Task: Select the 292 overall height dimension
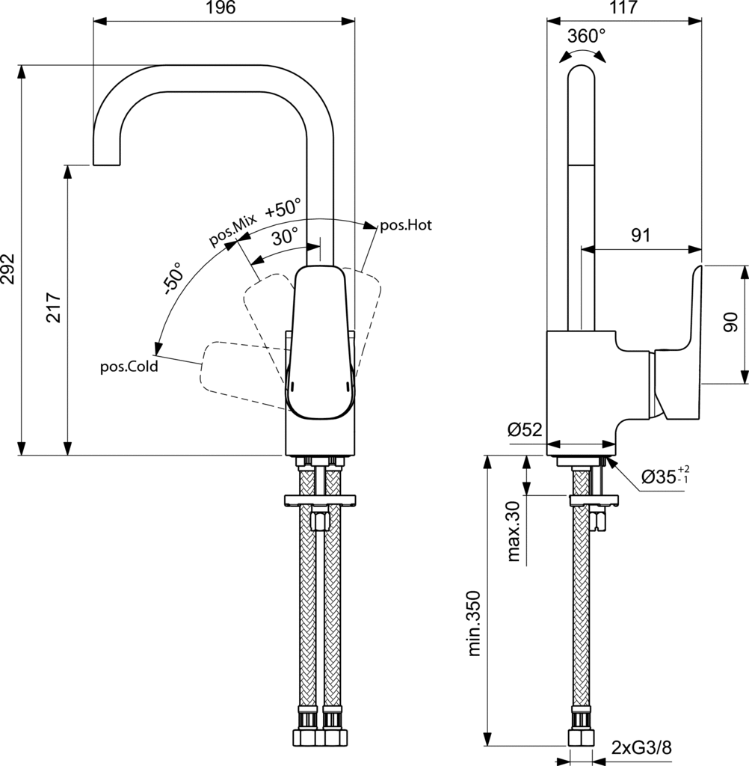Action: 8,263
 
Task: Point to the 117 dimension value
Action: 624,8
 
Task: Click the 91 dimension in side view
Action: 641,236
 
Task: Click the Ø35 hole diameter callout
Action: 665,477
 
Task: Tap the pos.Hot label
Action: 406,224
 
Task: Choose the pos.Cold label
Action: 129,367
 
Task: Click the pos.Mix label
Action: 232,229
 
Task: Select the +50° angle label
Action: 283,207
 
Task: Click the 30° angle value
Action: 285,237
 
